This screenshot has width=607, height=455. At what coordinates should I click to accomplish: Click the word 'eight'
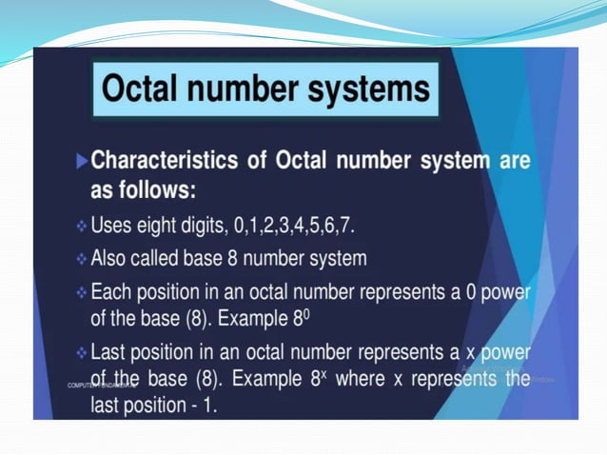pyautogui.click(x=162, y=227)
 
